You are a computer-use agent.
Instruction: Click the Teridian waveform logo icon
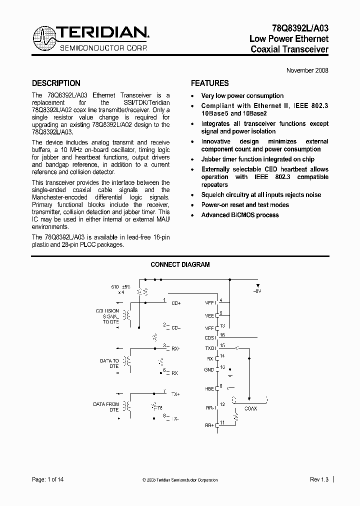(44, 39)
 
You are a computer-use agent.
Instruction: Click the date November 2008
(307, 70)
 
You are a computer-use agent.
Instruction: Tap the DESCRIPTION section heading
(56, 83)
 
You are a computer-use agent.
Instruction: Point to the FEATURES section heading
(210, 83)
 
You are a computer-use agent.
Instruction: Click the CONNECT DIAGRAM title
(180, 265)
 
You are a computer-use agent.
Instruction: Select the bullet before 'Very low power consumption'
(193, 96)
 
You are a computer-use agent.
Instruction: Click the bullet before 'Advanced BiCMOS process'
(193, 215)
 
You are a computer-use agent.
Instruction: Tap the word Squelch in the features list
(213, 195)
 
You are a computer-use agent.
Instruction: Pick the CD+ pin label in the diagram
(176, 303)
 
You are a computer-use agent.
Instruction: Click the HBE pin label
(209, 388)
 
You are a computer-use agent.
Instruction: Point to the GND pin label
(209, 369)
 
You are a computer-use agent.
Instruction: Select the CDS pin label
(209, 337)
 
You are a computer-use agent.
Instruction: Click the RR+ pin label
(209, 425)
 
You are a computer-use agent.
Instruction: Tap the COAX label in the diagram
(250, 409)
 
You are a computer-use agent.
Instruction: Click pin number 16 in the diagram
(222, 335)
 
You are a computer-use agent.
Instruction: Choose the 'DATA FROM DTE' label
(106, 407)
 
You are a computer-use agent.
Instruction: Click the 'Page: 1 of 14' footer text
(48, 479)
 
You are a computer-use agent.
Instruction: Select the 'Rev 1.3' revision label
(318, 479)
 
